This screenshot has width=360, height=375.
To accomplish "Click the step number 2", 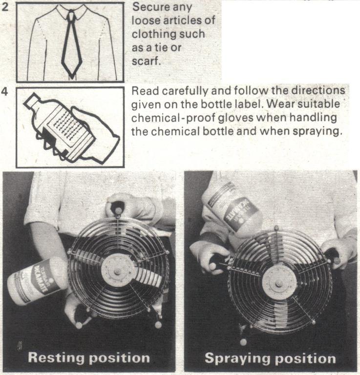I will coord(4,7).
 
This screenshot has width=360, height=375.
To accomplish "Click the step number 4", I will coord(5,91).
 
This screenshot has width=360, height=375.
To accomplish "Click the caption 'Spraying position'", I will coord(270,358).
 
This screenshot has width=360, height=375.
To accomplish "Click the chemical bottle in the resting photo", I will coord(37,282).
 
